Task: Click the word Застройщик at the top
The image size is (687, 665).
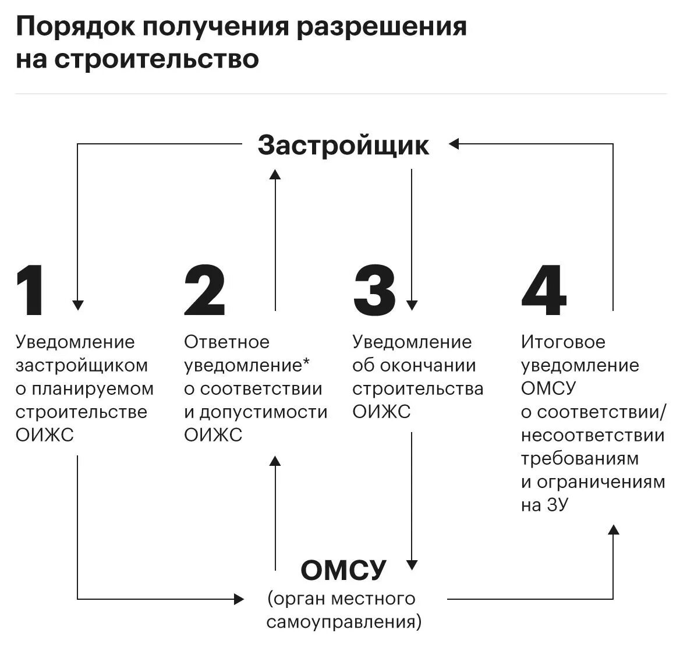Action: [343, 146]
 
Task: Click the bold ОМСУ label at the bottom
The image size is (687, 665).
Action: [343, 570]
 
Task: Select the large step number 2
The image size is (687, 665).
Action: [204, 291]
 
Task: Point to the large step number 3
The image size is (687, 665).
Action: [374, 291]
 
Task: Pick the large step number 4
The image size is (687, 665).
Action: [544, 291]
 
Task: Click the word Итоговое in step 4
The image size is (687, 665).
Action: [563, 342]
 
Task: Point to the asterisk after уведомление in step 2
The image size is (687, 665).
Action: [306, 363]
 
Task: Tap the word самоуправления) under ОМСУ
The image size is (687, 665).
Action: [343, 622]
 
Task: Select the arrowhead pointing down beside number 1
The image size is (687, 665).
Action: [78, 305]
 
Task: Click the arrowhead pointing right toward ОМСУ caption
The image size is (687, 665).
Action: [239, 598]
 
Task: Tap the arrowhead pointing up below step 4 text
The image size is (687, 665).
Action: [613, 529]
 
